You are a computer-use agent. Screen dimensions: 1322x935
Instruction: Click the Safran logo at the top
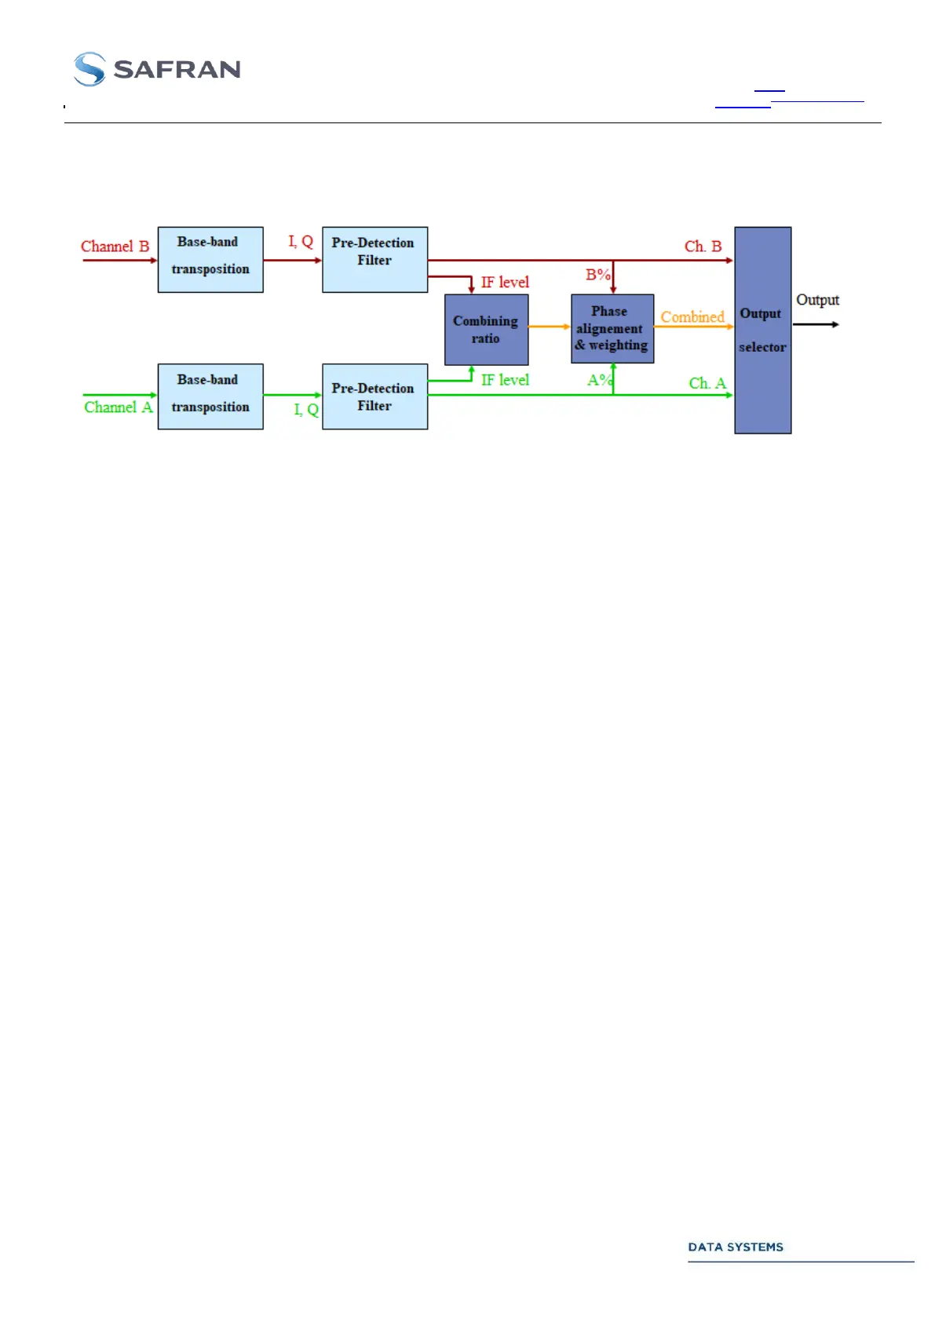157,69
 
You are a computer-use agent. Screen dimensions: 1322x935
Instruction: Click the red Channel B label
115,247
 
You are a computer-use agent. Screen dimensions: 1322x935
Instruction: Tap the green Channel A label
118,407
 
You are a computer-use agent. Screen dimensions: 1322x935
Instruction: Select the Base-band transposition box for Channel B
210,260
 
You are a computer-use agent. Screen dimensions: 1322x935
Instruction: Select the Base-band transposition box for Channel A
210,396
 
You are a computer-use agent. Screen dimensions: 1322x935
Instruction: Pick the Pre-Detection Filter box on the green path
374,396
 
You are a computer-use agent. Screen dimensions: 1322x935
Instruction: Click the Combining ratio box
486,330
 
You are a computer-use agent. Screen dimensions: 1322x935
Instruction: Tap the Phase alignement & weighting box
612,329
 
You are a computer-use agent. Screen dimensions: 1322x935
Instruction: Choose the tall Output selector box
762,330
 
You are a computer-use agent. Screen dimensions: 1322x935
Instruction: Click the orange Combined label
692,317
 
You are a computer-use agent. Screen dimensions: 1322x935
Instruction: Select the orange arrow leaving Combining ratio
549,327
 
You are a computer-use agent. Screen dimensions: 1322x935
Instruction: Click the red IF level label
505,283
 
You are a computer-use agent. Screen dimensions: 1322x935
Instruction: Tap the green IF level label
505,380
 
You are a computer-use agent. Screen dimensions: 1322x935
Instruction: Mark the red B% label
597,275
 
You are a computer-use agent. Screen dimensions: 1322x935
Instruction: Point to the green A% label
599,380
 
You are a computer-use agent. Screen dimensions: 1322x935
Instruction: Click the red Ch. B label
703,247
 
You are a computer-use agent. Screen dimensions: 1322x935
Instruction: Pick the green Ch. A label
707,383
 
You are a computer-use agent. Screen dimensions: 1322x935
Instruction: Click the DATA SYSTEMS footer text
736,1247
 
